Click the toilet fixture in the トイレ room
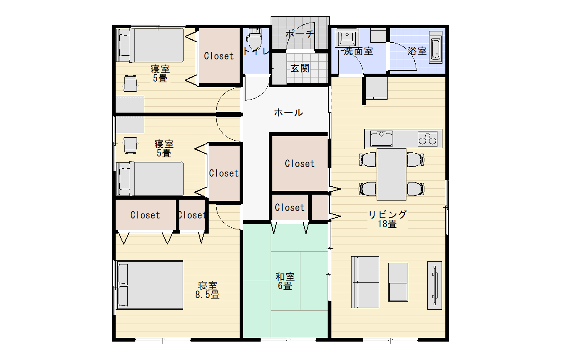[x=254, y=39]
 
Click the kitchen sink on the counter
[x=381, y=138]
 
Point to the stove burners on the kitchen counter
[x=427, y=139]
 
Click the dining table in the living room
[x=391, y=174]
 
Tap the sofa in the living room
[x=365, y=282]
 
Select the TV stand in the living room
[x=434, y=285]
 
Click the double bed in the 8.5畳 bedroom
[x=150, y=285]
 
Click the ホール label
[x=289, y=113]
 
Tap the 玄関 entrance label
[x=300, y=68]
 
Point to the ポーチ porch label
[x=300, y=33]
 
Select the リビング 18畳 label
[x=388, y=219]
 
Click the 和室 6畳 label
[x=285, y=281]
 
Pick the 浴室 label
[x=417, y=51]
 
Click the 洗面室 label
[x=358, y=51]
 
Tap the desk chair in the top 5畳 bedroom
[x=130, y=83]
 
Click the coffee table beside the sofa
[x=398, y=282]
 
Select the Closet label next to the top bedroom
[x=219, y=56]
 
